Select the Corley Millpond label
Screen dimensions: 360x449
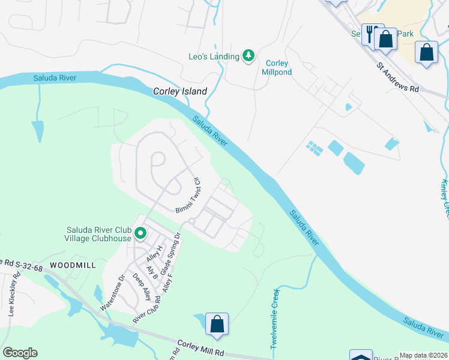click(276, 68)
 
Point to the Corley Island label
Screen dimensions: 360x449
click(180, 92)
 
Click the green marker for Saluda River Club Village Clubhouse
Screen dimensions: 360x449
click(140, 233)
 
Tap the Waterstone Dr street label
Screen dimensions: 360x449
click(112, 293)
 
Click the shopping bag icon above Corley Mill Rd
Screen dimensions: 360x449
click(217, 323)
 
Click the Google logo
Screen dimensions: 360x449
click(20, 353)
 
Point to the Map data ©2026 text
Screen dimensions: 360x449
click(423, 356)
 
